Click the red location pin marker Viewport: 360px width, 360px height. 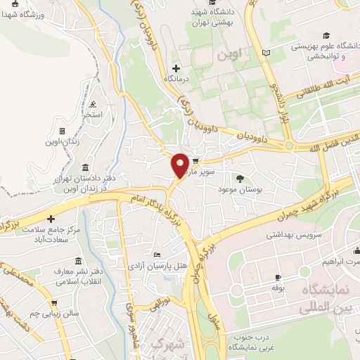180,166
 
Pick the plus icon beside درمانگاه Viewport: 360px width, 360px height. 176,68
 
